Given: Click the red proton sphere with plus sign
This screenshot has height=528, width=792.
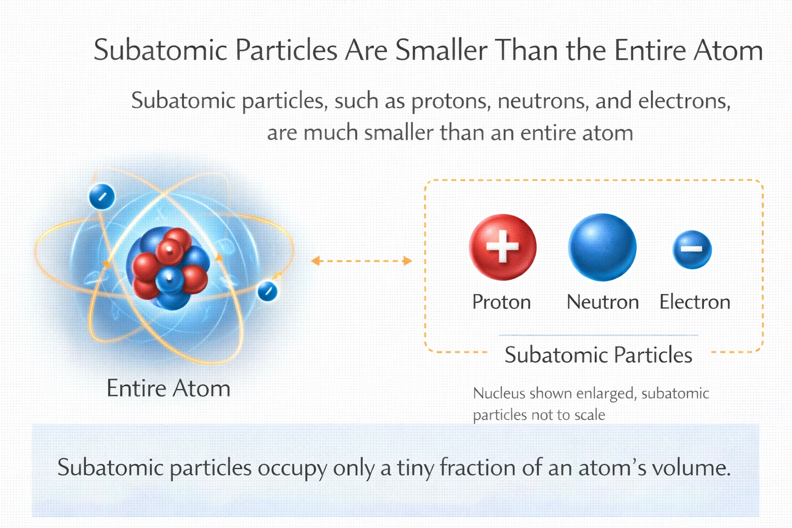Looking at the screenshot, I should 503,247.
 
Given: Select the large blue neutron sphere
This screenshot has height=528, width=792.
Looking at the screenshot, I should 602,247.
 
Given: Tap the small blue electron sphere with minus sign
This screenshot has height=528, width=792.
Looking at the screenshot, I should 692,250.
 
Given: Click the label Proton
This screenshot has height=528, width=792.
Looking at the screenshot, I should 501,302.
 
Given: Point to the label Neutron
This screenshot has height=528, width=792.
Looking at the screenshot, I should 602,302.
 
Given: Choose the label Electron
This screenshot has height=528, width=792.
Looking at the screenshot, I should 695,302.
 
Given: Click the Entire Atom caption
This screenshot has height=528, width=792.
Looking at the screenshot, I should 168,388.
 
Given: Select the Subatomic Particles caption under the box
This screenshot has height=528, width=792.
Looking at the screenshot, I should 598,355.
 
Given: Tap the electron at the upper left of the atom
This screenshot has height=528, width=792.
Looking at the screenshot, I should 102,196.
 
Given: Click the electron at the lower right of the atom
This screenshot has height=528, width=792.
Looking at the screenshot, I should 268,291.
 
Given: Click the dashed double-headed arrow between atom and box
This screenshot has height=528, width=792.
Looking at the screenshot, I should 361,261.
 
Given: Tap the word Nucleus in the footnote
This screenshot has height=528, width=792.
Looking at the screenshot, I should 499,393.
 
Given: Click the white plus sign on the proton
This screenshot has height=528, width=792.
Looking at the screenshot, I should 503,246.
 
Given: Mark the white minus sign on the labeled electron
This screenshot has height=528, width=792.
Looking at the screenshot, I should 691,249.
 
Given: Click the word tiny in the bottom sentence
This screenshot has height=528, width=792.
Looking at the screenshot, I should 416,468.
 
